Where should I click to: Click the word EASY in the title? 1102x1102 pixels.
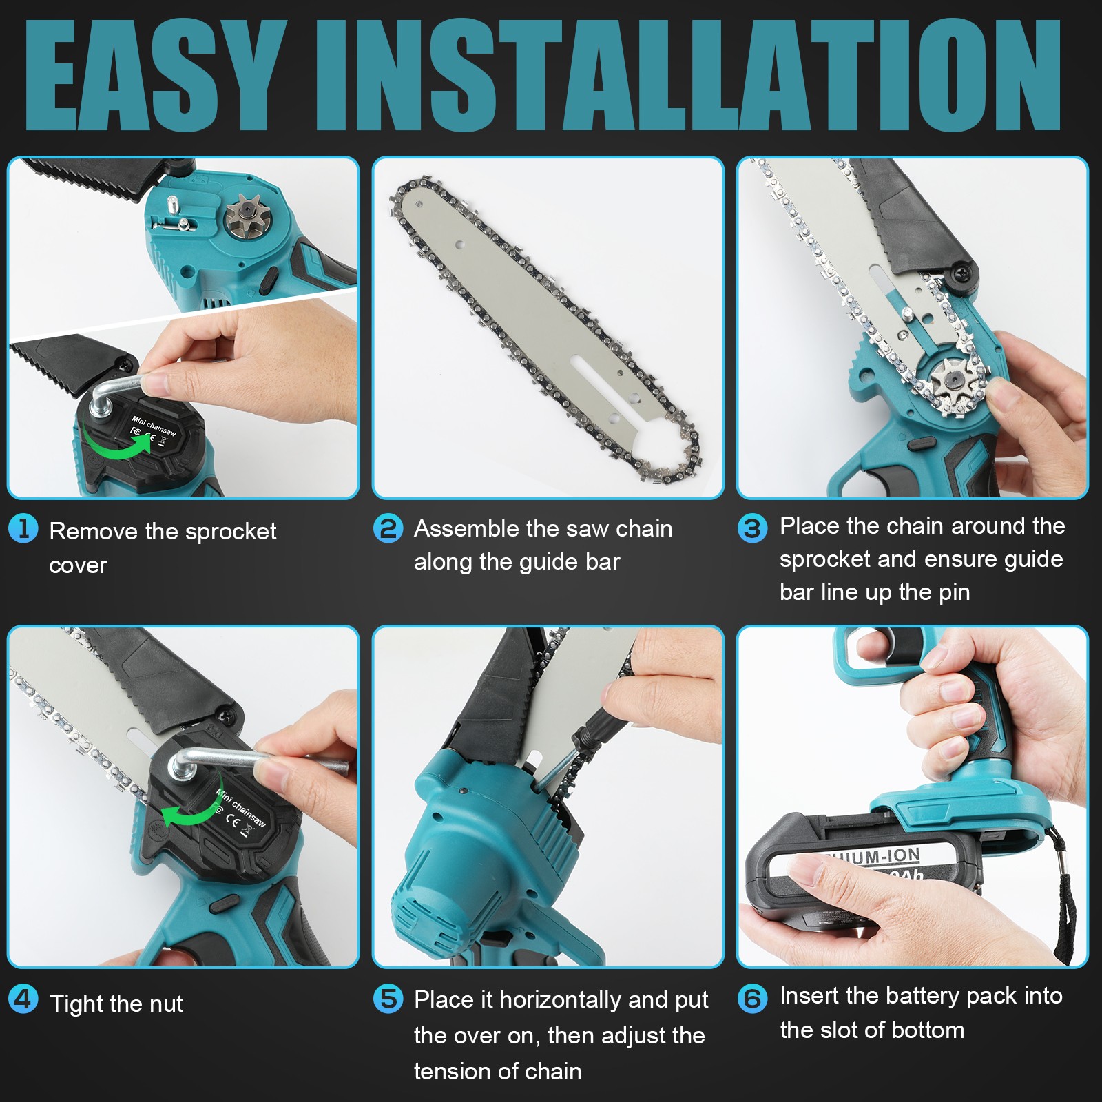click(156, 74)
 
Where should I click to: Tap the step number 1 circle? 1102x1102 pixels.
click(23, 529)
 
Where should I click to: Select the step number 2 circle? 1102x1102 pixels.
click(388, 529)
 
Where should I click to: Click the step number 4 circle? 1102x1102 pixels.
click(23, 999)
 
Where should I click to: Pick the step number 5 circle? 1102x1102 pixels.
click(388, 999)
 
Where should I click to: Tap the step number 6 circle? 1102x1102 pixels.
click(752, 999)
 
